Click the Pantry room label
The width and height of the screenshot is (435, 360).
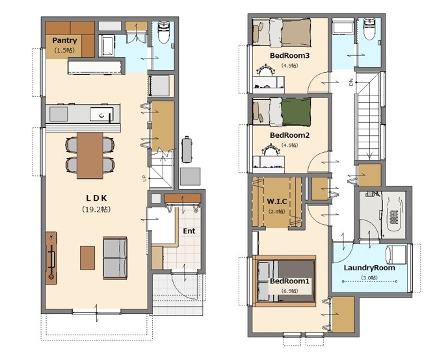pos(64,40)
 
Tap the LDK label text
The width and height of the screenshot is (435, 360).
pos(96,198)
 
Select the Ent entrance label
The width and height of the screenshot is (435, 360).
pos(189,231)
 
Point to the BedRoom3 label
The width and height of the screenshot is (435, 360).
pos(289,55)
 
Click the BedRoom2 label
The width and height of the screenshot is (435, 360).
pos(289,135)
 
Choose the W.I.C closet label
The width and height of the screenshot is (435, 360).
pos(276,201)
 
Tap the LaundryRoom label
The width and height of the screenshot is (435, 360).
pos(369,268)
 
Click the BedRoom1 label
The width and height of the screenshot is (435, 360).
pos(289,281)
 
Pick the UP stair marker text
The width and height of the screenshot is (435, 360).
pos(144,178)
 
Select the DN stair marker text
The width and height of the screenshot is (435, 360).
pos(351,82)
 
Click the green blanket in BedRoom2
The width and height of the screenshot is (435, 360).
pos(297,112)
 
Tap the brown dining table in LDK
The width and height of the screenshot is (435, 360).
pos(90,155)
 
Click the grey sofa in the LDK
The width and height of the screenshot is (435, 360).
pos(115,258)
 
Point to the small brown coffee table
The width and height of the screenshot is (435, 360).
pos(87,258)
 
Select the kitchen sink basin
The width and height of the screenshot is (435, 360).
pos(101,114)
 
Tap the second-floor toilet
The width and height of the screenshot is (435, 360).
pos(369,29)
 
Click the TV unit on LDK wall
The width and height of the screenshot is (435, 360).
pos(51,258)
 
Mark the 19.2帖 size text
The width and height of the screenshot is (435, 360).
pos(96,209)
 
